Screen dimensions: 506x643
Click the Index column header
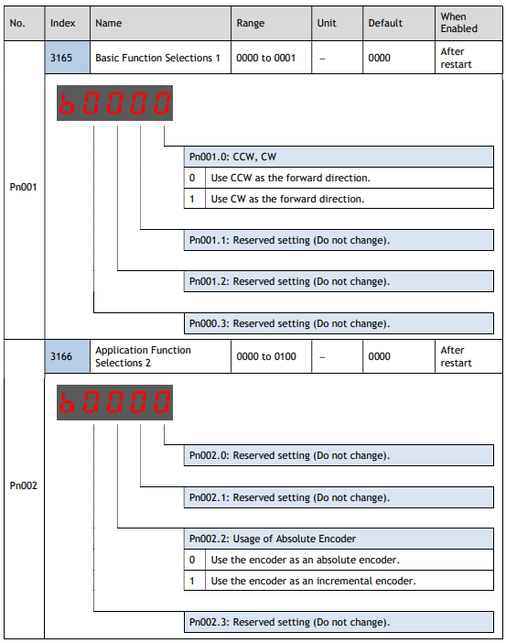[63, 23]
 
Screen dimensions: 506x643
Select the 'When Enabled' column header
[459, 23]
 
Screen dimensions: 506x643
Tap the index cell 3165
[67, 58]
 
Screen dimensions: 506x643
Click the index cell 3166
[67, 356]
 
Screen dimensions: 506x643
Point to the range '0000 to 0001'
[266, 58]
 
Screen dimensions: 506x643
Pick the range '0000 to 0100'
[266, 356]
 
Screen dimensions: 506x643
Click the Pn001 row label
[24, 187]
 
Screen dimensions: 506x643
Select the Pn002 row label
[24, 485]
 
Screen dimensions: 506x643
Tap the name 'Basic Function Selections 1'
[157, 58]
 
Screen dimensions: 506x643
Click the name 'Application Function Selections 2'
[143, 356]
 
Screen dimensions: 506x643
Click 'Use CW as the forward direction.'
[287, 199]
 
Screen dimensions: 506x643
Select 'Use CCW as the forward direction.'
[290, 178]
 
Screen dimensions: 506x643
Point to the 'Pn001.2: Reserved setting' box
[339, 281]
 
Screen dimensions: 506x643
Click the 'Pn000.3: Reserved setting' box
[339, 323]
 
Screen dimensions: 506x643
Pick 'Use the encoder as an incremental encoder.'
[313, 581]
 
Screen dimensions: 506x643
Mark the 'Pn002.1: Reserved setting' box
[339, 497]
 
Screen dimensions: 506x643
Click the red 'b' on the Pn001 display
[67, 103]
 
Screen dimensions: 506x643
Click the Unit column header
[327, 23]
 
